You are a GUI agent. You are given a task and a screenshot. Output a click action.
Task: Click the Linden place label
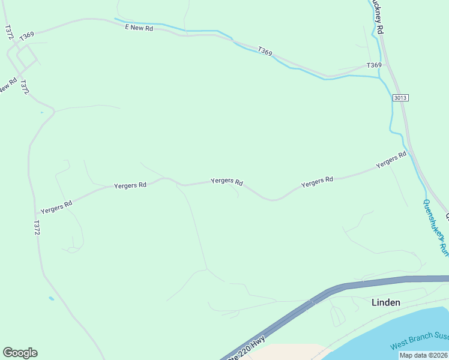tap(385, 302)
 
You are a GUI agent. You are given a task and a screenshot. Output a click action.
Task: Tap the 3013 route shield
tap(401, 98)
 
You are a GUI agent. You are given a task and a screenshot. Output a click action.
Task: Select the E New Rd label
tap(139, 28)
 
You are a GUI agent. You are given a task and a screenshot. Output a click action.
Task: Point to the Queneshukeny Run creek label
tap(435, 228)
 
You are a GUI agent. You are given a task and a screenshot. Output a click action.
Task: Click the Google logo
tap(20, 353)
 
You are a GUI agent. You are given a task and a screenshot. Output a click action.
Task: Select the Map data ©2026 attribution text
tap(423, 355)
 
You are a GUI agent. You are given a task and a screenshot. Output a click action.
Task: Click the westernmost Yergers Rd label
tap(56, 207)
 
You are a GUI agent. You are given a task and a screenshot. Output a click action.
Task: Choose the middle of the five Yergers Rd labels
tap(226, 181)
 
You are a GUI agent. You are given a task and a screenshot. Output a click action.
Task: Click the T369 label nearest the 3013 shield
tap(374, 65)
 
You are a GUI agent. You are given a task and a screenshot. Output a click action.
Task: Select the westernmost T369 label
tap(26, 37)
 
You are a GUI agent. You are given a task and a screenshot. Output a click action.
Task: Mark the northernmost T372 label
tap(8, 32)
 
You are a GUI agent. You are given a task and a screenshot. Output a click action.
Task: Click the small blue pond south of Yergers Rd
tap(51, 298)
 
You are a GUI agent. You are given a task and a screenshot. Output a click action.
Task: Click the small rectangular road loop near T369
tap(27, 58)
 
